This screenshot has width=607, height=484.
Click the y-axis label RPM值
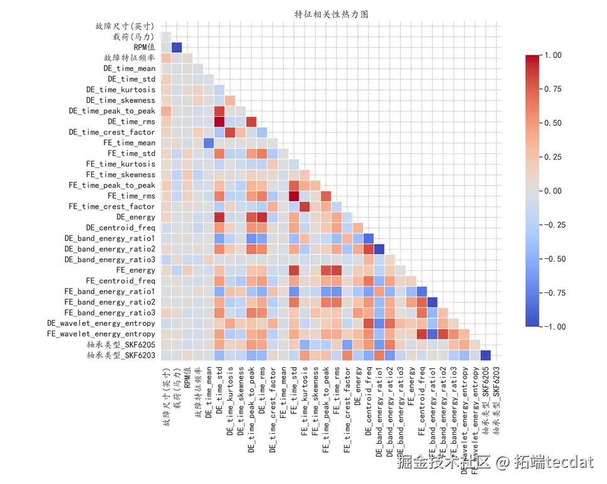point(144,47)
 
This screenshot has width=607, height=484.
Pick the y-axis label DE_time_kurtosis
point(120,90)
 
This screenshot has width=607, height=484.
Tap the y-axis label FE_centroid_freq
point(120,281)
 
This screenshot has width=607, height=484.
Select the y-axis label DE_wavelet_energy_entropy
point(101,324)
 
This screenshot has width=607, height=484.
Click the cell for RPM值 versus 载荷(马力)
point(177,47)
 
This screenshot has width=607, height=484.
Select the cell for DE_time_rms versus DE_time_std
point(219,121)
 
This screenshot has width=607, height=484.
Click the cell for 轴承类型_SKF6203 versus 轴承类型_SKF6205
point(485,355)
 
